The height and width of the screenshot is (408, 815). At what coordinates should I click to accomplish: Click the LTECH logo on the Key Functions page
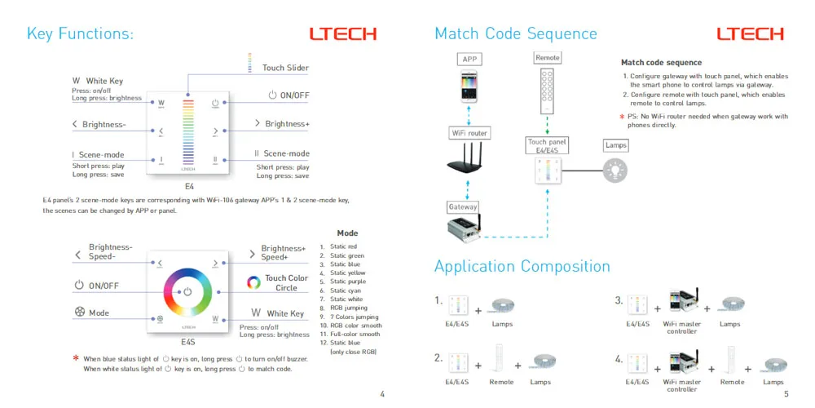tap(342, 34)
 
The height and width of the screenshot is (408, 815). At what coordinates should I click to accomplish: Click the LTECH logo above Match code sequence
tap(750, 34)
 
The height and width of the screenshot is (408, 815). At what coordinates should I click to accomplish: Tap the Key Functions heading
tap(80, 33)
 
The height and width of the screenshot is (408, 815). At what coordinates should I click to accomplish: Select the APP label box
tap(469, 60)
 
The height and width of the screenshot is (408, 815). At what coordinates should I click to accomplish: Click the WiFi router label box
tap(469, 133)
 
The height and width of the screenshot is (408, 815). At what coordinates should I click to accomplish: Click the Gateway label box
tap(463, 206)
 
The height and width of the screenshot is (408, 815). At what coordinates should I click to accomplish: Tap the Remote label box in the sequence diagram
tap(547, 58)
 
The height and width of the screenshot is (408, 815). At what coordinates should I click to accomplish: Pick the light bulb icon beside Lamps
tap(615, 171)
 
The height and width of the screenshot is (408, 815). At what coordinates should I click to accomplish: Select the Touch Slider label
tap(285, 68)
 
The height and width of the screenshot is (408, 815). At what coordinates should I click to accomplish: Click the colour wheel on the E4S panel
tap(187, 291)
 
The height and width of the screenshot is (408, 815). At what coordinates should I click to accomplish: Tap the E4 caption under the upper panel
tap(189, 185)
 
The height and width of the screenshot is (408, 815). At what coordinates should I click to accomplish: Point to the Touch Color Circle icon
tap(253, 282)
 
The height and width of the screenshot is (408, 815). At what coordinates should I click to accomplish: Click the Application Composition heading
tap(522, 267)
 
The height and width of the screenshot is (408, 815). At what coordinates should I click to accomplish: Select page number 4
tap(382, 394)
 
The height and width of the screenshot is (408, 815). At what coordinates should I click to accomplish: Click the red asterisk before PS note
tap(622, 117)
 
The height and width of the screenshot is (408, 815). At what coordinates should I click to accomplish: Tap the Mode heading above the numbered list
tap(347, 233)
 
